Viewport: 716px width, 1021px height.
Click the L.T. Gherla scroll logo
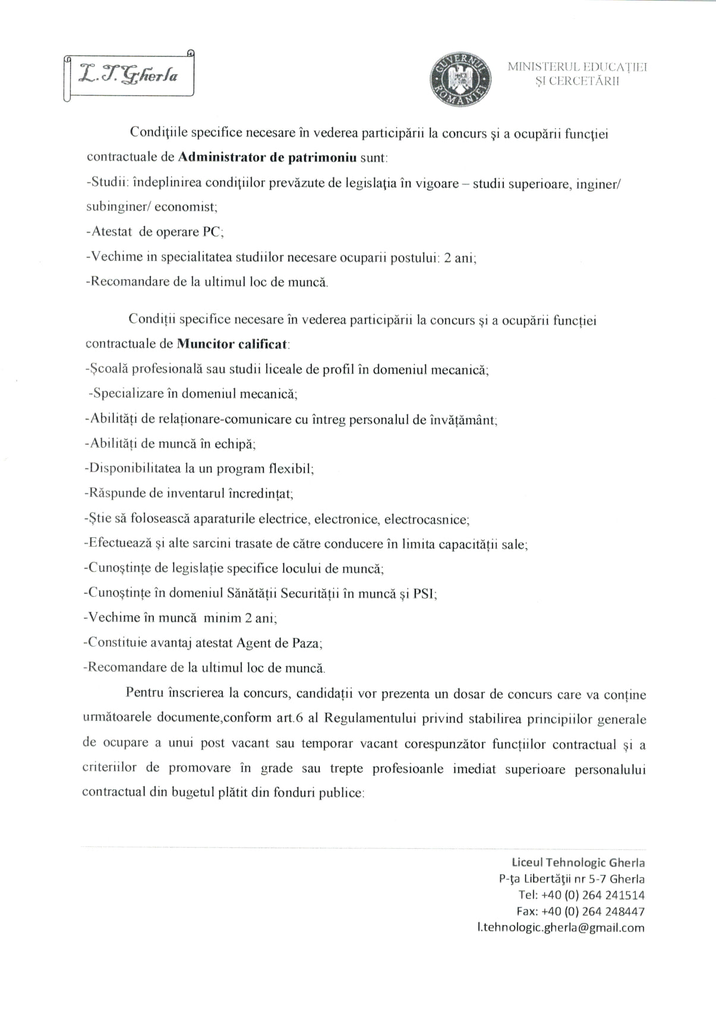[x=130, y=75]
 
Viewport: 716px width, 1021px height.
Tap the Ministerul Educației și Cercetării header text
[x=577, y=74]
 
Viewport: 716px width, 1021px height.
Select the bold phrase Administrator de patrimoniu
[x=267, y=158]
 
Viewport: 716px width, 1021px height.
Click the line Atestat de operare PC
[x=155, y=232]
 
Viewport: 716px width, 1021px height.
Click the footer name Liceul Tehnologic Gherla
[x=578, y=862]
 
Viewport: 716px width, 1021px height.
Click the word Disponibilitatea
[x=133, y=468]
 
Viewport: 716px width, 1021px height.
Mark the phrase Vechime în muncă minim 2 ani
[x=180, y=617]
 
